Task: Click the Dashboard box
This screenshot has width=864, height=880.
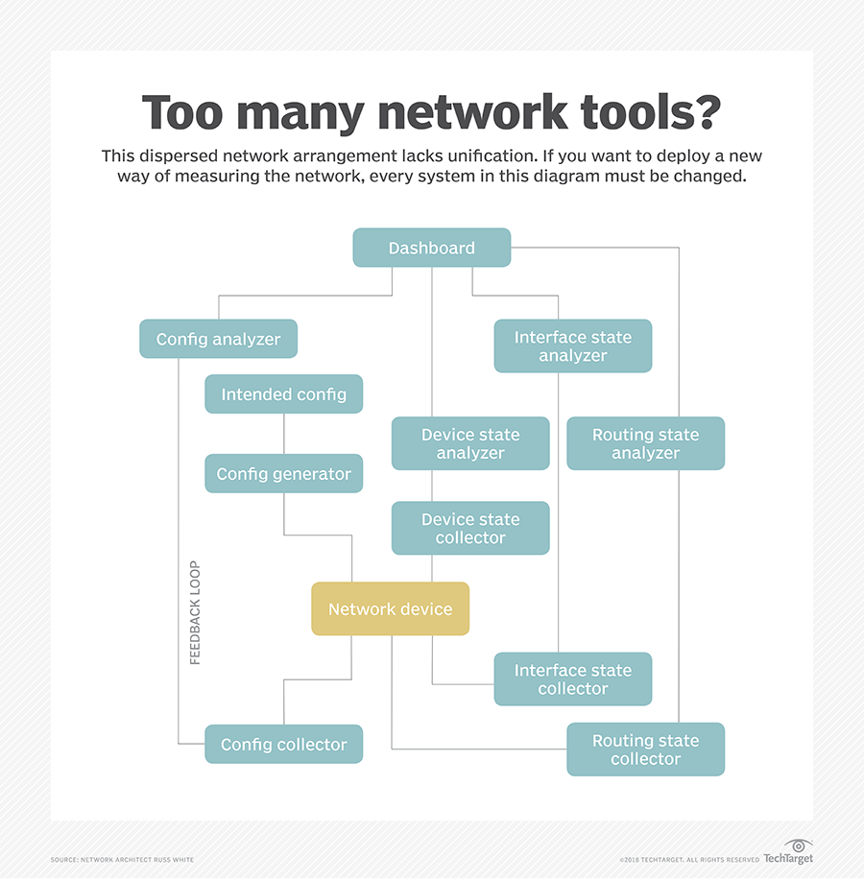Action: click(431, 248)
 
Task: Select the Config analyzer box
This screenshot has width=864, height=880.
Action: click(218, 339)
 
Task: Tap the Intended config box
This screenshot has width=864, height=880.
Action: click(283, 394)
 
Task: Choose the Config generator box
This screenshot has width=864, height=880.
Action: click(283, 474)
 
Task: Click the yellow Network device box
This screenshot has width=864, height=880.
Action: click(390, 609)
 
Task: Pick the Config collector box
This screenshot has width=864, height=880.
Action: click(283, 745)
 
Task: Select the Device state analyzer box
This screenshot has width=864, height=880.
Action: click(470, 443)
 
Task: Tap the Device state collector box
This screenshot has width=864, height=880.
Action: click(470, 529)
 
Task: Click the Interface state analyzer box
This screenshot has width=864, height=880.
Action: click(572, 346)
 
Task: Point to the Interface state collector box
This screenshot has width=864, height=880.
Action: click(572, 679)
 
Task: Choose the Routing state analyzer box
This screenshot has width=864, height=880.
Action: click(645, 443)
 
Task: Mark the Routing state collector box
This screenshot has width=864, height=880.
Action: click(645, 749)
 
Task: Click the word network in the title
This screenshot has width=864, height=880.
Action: click(471, 113)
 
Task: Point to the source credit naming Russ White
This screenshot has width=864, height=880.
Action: click(122, 859)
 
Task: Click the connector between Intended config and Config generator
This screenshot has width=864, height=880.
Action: click(283, 434)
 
